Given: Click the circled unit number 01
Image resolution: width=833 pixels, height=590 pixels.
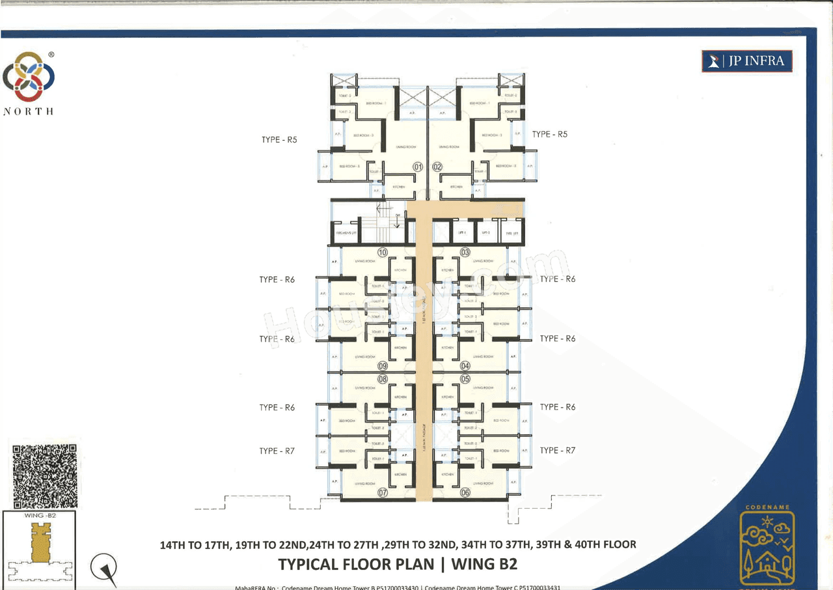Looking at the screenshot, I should click(x=418, y=167).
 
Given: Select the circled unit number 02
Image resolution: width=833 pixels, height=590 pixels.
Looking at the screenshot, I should click(x=437, y=167).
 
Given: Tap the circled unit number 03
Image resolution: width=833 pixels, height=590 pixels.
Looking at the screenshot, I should click(x=465, y=253).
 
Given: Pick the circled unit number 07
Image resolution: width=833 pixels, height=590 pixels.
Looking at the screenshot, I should click(x=383, y=493).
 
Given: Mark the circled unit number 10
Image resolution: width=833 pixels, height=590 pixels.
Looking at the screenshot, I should click(x=383, y=253).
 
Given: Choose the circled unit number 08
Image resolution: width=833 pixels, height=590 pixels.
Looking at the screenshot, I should click(x=383, y=379).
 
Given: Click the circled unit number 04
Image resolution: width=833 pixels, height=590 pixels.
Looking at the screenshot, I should click(x=465, y=366).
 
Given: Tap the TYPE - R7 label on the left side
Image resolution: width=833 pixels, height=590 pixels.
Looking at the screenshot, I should click(x=277, y=451).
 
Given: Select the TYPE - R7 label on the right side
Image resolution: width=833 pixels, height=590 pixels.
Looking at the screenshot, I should click(x=558, y=450).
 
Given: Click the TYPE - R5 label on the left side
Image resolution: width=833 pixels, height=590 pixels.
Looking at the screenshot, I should click(x=279, y=139).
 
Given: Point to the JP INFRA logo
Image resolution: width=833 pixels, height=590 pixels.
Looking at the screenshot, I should click(x=747, y=62).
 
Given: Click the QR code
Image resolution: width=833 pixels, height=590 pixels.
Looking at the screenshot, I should click(x=45, y=476).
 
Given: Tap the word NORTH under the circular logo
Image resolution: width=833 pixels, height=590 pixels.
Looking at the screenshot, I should click(x=29, y=111).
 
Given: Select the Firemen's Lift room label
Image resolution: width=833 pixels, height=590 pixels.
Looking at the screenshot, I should click(x=344, y=232).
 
